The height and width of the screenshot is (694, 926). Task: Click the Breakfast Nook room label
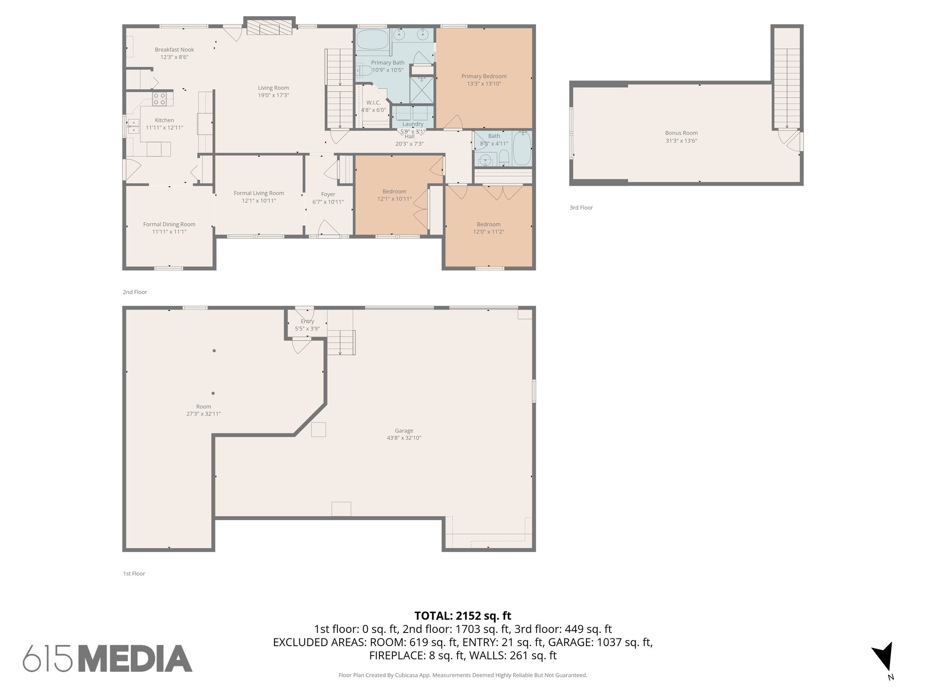(x=174, y=50)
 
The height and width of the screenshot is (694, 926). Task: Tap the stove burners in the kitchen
(x=159, y=99)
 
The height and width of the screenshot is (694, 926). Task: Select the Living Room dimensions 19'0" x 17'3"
(x=273, y=95)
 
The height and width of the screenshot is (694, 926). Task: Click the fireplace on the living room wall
(x=269, y=28)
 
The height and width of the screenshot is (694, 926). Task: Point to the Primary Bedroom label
(x=484, y=76)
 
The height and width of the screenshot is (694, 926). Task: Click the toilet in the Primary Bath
(x=364, y=70)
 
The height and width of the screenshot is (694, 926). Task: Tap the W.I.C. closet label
(x=373, y=103)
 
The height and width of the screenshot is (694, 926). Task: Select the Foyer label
(x=328, y=194)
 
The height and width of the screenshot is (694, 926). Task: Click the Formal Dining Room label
(x=169, y=224)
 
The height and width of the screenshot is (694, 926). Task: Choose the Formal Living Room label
(x=259, y=193)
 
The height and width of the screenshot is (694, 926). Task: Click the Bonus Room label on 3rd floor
(x=681, y=133)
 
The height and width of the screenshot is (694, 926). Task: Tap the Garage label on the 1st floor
(x=404, y=431)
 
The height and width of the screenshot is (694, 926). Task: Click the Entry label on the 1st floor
(x=307, y=321)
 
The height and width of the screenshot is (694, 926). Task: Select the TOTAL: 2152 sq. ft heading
(x=463, y=615)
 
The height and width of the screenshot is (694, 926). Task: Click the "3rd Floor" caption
(x=581, y=208)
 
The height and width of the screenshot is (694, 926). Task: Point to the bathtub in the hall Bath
(x=522, y=148)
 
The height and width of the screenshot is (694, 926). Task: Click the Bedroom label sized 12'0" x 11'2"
(x=488, y=224)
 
